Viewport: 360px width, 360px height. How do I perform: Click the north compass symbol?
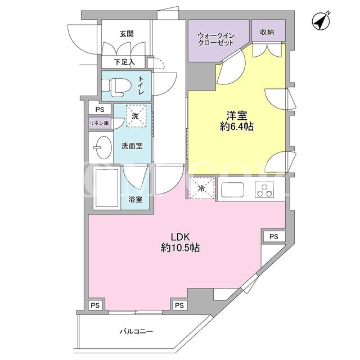click(321, 21)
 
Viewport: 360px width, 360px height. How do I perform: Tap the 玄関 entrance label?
click(127, 34)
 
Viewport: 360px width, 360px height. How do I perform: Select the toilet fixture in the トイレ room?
click(116, 87)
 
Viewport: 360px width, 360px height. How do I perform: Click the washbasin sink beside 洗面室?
click(103, 147)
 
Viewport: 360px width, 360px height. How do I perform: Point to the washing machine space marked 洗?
click(136, 116)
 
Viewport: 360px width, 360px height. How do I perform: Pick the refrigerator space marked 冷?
click(202, 188)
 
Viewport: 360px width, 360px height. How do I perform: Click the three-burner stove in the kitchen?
click(264, 190)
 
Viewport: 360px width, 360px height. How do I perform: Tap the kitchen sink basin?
click(232, 190)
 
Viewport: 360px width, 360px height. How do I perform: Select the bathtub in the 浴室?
click(107, 188)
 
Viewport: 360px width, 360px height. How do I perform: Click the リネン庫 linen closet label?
click(100, 123)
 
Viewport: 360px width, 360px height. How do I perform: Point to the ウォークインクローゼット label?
click(216, 39)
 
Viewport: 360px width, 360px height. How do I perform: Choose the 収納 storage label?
click(267, 32)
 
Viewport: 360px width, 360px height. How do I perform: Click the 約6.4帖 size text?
click(237, 127)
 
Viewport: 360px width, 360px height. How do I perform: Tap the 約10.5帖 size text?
click(180, 247)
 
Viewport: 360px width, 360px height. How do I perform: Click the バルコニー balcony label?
click(136, 331)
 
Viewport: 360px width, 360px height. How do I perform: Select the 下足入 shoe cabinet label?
click(124, 62)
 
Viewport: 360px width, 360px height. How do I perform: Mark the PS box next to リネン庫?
click(100, 110)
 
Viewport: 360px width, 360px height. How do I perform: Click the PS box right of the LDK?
click(274, 236)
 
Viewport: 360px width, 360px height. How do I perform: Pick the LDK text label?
click(180, 237)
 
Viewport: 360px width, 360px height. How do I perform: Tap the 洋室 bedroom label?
click(237, 116)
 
